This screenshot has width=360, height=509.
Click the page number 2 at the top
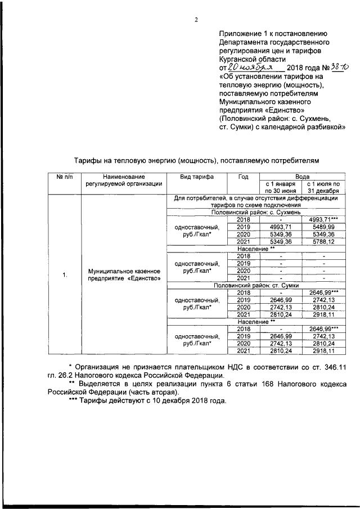pyautogui.click(x=196, y=21)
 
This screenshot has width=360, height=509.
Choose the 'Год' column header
pyautogui.click(x=243, y=177)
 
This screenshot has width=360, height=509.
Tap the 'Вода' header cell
pyautogui.click(x=302, y=176)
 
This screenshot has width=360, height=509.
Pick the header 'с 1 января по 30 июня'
pyautogui.click(x=280, y=187)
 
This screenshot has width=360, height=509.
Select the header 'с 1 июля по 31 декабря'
pyautogui.click(x=324, y=187)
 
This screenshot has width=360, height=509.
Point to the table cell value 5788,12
pyautogui.click(x=324, y=241)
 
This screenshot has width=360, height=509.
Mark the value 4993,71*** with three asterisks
pyautogui.click(x=324, y=219)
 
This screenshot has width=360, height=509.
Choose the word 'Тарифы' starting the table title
pyautogui.click(x=88, y=160)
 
